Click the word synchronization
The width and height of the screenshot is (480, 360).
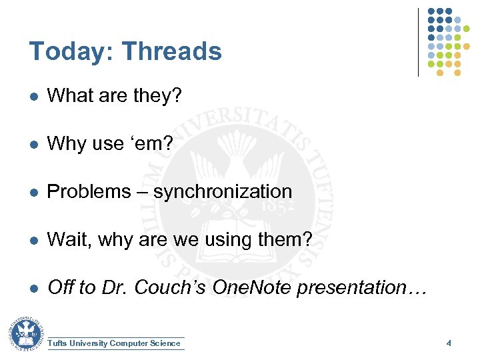(x=223, y=192)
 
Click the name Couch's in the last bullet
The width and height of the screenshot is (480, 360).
(x=174, y=288)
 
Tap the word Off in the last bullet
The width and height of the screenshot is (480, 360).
(x=61, y=288)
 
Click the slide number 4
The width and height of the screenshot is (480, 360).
(x=449, y=343)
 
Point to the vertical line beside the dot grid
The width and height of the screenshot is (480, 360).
(x=418, y=42)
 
